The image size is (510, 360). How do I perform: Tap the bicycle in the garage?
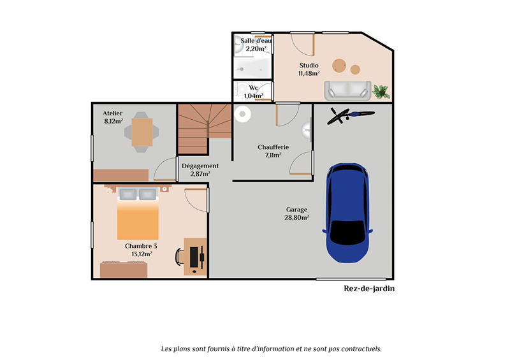349,115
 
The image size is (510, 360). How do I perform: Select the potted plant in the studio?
381,91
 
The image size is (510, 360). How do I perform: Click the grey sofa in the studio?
347,90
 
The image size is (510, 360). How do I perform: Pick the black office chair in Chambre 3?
180,256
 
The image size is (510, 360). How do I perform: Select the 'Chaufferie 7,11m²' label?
273,150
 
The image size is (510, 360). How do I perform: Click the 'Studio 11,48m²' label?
309,69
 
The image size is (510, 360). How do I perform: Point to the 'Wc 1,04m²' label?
253,92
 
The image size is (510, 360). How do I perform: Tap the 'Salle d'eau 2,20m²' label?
255,45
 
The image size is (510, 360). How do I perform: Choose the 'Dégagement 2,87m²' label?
200,169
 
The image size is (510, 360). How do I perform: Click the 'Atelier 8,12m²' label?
113,117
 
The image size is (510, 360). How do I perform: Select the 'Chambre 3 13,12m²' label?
141,249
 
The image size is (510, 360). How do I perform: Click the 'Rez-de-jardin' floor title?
369,288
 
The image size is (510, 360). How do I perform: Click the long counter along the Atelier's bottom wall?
120,175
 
